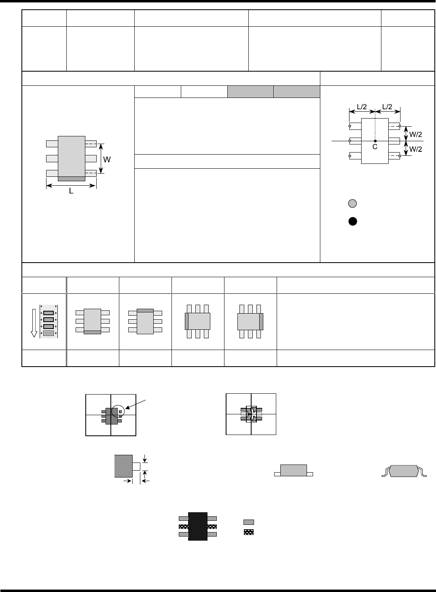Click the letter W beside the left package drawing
click(107, 159)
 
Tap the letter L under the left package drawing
click(71, 191)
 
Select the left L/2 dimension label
click(362, 107)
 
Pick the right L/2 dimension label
click(387, 107)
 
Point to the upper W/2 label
click(416, 132)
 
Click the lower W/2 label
click(416, 149)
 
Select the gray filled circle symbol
click(353, 204)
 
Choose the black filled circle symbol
click(353, 221)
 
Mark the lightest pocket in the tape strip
click(49, 333)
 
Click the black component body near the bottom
click(198, 526)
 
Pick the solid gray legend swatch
click(249, 522)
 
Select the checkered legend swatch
click(249, 532)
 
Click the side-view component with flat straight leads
click(293, 471)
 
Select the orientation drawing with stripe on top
click(145, 321)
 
